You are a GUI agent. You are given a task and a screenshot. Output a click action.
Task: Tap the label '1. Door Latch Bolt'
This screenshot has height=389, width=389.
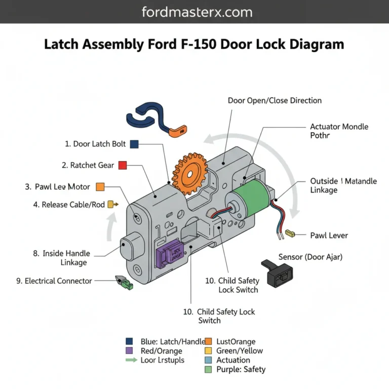[95, 144]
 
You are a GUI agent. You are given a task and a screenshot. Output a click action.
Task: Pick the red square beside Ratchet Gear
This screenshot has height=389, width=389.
[123, 165]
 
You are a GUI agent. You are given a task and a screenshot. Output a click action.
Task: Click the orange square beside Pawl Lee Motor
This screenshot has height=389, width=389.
[100, 187]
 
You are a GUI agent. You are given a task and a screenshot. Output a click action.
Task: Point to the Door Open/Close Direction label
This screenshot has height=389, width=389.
[275, 100]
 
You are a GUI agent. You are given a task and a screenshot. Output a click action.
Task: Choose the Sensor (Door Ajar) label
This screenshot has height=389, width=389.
[310, 257]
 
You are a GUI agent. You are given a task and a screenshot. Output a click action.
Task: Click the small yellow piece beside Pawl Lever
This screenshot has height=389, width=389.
[290, 233]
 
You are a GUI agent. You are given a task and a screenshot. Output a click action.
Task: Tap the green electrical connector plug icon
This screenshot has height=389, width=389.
[125, 282]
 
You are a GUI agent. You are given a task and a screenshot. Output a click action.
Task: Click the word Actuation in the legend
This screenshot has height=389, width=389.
[233, 360]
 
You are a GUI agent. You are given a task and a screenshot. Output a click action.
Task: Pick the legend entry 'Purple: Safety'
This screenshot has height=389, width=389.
[240, 370]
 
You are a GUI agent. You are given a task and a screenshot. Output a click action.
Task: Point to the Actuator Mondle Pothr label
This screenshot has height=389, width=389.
[339, 131]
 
